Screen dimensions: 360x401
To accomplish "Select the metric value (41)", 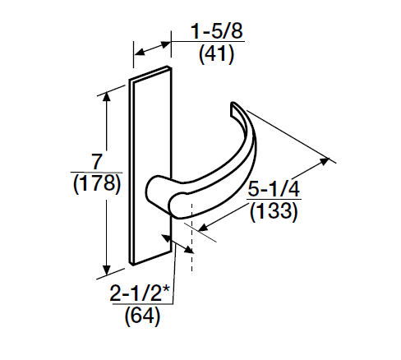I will click(x=217, y=56).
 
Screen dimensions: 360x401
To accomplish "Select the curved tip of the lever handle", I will click(x=237, y=106).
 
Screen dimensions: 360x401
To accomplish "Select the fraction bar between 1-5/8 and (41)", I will click(x=217, y=44).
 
